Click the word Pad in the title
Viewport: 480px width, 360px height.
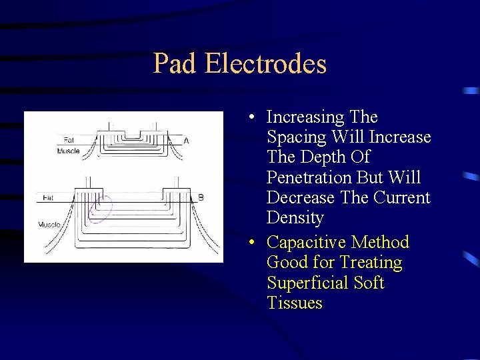(x=175, y=64)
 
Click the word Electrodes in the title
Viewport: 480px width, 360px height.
(x=265, y=64)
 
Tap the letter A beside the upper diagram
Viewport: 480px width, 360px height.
(x=186, y=141)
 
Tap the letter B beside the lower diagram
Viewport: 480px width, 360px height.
(x=201, y=197)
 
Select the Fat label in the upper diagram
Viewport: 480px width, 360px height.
(x=69, y=140)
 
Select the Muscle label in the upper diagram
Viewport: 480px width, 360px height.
(x=69, y=151)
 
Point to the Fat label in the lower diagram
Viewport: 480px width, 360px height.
(x=49, y=198)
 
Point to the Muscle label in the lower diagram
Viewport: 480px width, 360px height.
(x=50, y=224)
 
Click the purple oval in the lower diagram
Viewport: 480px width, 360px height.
(x=101, y=209)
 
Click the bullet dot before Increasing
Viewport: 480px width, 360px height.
(x=248, y=118)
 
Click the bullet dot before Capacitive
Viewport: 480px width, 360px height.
(x=248, y=243)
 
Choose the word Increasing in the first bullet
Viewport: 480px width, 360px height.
(x=304, y=117)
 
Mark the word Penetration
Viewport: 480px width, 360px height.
(x=309, y=177)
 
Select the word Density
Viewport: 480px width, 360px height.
(x=295, y=218)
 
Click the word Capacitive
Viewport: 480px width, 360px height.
(x=306, y=242)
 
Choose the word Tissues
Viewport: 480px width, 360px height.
(x=294, y=303)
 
